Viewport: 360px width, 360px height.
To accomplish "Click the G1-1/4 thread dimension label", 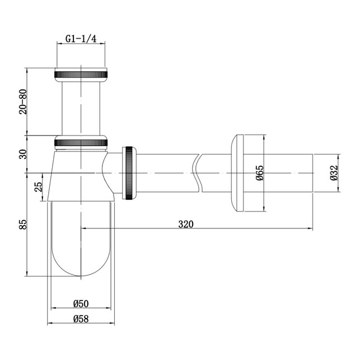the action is (x=81, y=39).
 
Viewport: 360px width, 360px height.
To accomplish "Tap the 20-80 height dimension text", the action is (x=23, y=102).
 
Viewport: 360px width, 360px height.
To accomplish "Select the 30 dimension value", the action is (x=23, y=154).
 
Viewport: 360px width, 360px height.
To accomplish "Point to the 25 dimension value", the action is (x=38, y=186).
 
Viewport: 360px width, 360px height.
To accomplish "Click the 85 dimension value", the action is (x=23, y=225).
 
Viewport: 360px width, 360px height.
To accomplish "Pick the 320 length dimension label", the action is (x=186, y=224).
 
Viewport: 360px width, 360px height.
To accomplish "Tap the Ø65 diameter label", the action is (x=260, y=173).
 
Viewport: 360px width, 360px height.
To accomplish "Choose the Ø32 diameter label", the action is (x=334, y=173).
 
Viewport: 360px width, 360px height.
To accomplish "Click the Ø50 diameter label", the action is (x=81, y=304).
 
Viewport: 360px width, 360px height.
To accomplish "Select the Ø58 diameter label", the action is (x=81, y=319).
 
